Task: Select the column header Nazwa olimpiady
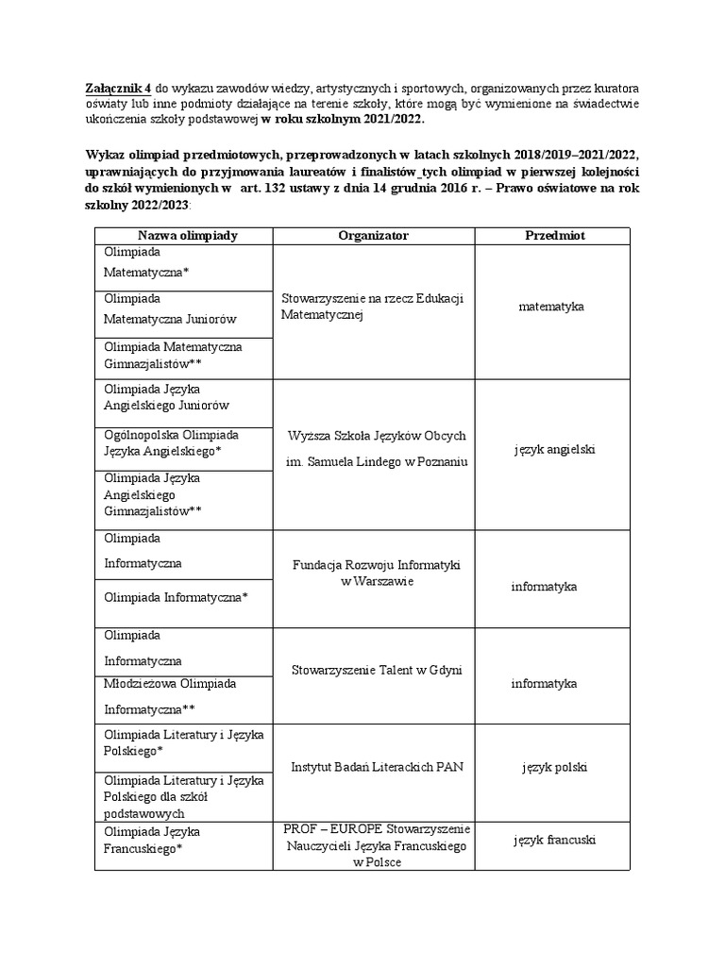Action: [187, 236]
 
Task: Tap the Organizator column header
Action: [373, 236]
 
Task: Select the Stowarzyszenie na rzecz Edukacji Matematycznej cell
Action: [372, 307]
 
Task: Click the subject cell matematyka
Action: [551, 307]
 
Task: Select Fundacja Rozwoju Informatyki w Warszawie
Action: [376, 573]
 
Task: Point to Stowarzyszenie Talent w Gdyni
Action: [376, 671]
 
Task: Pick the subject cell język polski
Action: [554, 767]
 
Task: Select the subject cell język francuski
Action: [554, 840]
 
